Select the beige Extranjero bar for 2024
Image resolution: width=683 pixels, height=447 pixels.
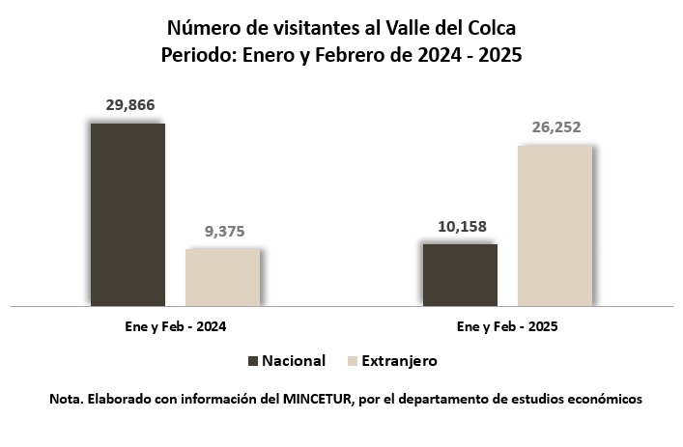pos(222,277)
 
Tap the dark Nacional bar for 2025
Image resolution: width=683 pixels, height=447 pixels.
pos(460,274)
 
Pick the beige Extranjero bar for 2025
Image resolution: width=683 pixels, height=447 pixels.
pos(555,225)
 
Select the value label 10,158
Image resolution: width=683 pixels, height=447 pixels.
pos(460,228)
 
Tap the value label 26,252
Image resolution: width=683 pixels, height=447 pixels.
pos(555,127)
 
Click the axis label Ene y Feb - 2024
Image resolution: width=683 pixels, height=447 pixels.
pos(176,327)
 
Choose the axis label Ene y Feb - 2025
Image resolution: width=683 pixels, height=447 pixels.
pos(507,327)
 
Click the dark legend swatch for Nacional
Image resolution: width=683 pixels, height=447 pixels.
pos(254,361)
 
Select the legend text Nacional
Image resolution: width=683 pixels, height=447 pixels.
pos(294,361)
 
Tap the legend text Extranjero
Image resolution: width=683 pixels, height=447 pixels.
pos(400,361)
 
